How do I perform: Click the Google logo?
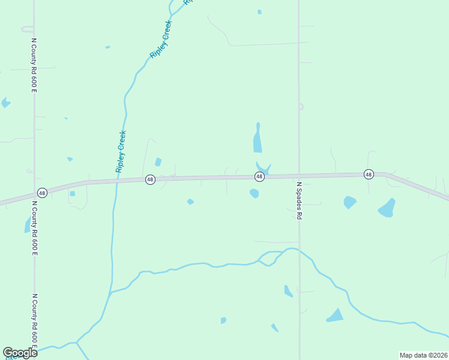click(x=20, y=353)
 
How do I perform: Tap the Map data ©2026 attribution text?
click(x=423, y=355)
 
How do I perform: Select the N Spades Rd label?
click(x=298, y=200)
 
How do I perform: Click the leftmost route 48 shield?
click(x=41, y=193)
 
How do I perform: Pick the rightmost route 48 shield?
click(x=369, y=174)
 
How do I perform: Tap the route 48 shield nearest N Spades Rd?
click(x=259, y=176)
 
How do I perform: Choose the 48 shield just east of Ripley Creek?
click(x=150, y=179)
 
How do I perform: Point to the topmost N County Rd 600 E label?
click(x=34, y=66)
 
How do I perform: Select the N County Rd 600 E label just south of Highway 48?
click(x=34, y=228)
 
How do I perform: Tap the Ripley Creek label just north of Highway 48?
click(x=121, y=151)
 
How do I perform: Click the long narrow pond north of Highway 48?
click(x=258, y=139)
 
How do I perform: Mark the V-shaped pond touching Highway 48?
click(x=263, y=167)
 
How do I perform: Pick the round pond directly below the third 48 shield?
click(x=255, y=193)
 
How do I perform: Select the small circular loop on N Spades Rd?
click(x=301, y=107)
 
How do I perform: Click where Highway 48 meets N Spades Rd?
click(x=299, y=175)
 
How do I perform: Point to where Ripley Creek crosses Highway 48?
click(x=116, y=180)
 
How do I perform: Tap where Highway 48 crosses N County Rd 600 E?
click(x=34, y=196)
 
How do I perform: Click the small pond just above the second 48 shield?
click(x=158, y=162)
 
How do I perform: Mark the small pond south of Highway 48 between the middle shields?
click(x=190, y=202)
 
